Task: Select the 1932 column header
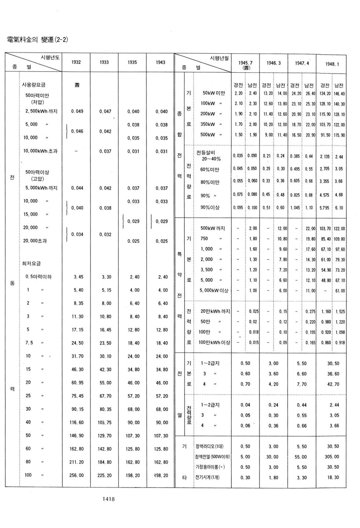coord(76,62)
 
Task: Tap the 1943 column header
coord(161,62)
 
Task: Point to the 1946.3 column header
coord(273,63)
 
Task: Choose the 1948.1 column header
coord(332,64)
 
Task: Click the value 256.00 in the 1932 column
coord(77,475)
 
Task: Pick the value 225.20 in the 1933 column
coord(105,475)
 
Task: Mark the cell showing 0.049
coord(77,111)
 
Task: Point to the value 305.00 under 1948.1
coord(332,457)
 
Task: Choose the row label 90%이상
coord(210,208)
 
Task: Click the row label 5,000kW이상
coord(214,290)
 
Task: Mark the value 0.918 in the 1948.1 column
coord(339,342)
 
